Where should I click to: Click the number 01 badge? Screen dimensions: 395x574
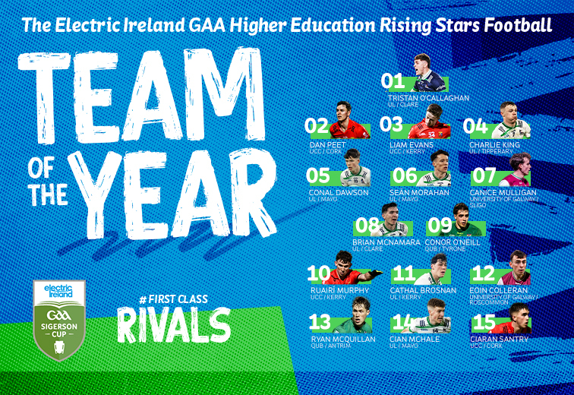pyautogui.click(x=392, y=81)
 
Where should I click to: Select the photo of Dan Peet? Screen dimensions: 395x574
pyautogui.click(x=346, y=122)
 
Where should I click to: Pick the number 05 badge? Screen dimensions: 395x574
pyautogui.click(x=318, y=176)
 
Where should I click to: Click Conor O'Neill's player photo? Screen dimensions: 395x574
pyautogui.click(x=465, y=220)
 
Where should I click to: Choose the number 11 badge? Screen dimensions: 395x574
pyautogui.click(x=403, y=273)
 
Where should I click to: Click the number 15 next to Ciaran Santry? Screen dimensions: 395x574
pyautogui.click(x=485, y=322)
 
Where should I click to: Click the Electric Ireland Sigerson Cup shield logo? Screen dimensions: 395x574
pyautogui.click(x=59, y=320)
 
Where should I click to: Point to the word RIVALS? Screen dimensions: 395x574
pyautogui.click(x=173, y=325)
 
